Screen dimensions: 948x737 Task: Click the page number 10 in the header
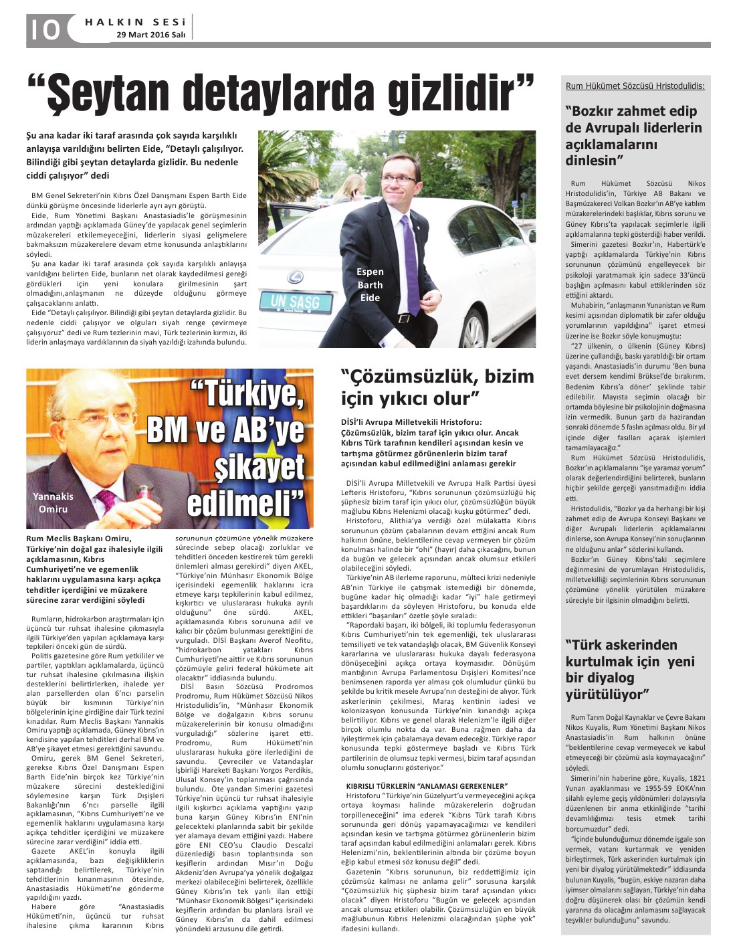tap(44, 29)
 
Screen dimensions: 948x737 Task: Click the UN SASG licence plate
tap(295, 302)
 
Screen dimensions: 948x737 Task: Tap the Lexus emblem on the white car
tap(294, 277)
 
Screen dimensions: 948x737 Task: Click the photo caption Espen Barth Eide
tap(370, 284)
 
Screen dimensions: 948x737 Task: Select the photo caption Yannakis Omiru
tap(53, 502)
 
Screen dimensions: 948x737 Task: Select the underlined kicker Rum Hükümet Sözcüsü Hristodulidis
tap(635, 86)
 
